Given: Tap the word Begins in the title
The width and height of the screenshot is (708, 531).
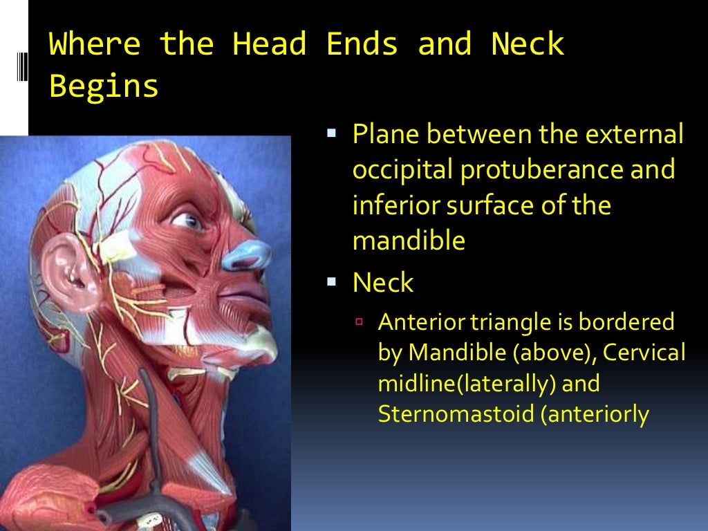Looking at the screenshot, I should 104,87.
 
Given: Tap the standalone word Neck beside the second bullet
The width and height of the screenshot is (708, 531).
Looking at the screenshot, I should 382,282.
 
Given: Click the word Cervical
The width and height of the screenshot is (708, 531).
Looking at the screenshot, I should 644,352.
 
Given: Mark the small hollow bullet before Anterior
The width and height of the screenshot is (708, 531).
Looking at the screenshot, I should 360,322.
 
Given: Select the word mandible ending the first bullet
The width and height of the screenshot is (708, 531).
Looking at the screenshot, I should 408,242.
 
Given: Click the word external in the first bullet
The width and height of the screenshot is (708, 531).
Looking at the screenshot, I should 637,133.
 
